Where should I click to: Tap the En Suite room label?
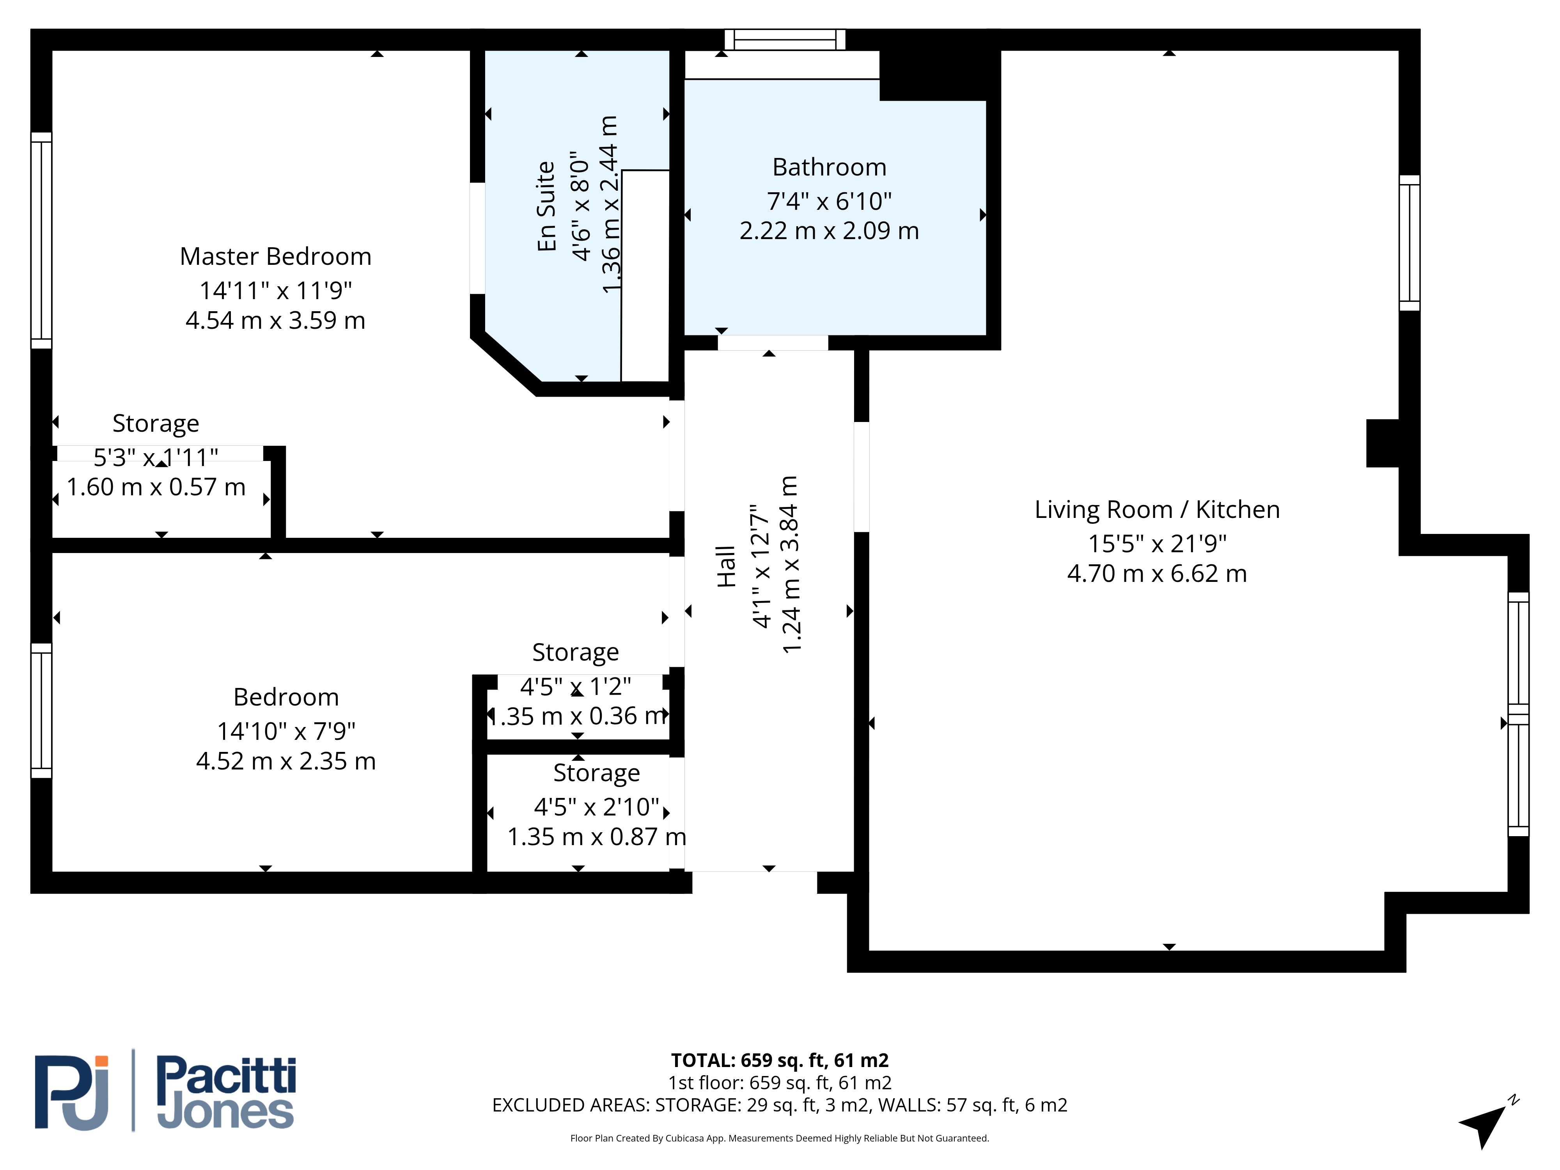(x=546, y=206)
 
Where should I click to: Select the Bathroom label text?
(x=830, y=167)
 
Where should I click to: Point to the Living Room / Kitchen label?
(x=1157, y=509)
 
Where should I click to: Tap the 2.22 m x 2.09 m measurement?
(x=830, y=230)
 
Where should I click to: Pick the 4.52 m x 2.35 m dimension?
(x=285, y=761)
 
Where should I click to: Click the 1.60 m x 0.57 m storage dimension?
(x=156, y=487)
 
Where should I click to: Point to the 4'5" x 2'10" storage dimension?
(x=597, y=806)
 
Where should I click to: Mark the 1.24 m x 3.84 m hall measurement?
(x=791, y=565)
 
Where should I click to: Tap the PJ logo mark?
(x=72, y=1092)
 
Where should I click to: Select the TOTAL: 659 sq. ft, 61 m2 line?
(x=780, y=1060)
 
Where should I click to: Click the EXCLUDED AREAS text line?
(x=780, y=1105)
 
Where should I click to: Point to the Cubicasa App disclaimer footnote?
(x=780, y=1138)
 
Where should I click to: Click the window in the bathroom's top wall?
(x=785, y=39)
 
